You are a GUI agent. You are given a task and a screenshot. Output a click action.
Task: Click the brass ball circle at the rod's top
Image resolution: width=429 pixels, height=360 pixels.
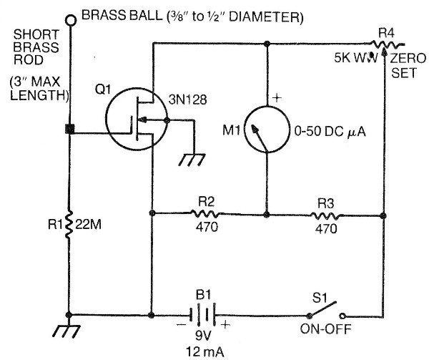70,19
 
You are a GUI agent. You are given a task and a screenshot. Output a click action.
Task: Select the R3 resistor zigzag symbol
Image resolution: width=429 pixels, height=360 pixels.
325,213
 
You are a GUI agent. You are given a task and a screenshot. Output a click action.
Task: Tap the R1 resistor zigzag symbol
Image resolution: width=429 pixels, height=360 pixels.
69,225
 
